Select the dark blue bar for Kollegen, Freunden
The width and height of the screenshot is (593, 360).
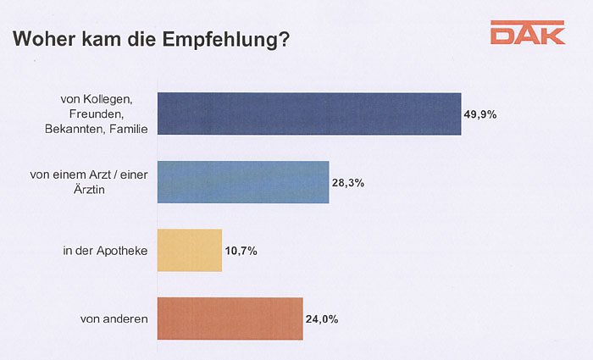point(309,114)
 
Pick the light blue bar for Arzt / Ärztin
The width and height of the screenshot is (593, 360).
point(243,182)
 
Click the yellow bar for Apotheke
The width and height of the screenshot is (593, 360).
point(190,250)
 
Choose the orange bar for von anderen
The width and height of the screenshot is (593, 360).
point(230,318)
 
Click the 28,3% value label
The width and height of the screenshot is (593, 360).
point(347,183)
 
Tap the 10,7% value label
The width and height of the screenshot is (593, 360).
point(241,251)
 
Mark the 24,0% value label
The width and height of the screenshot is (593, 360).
point(322,319)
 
